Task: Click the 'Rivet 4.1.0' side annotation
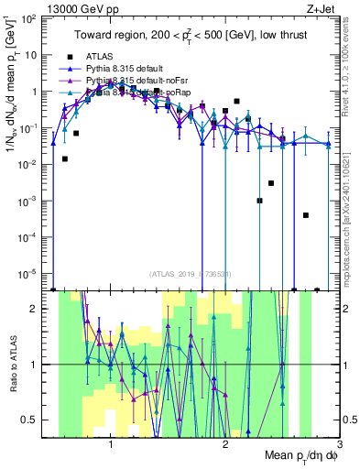(x=351, y=55)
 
